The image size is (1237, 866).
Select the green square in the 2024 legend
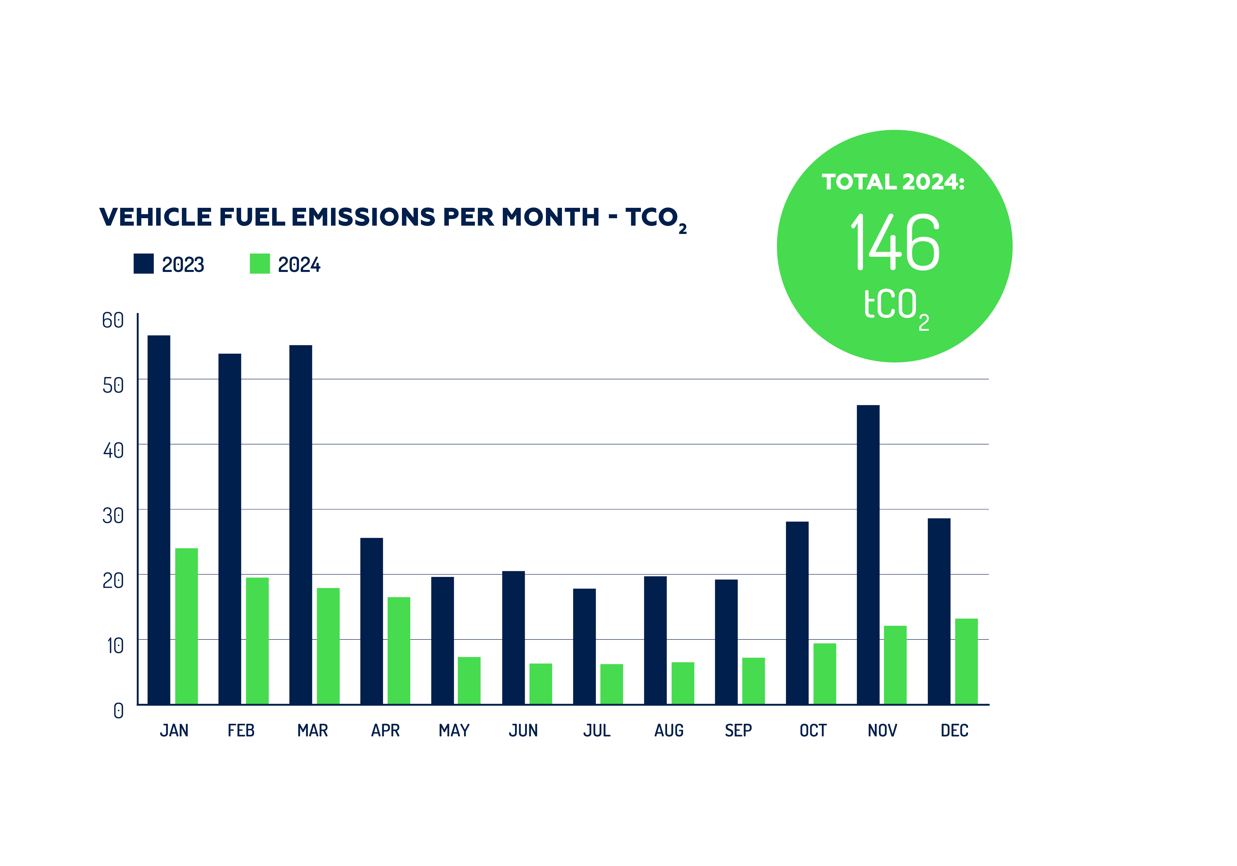[x=260, y=264]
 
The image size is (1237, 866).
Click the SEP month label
[x=738, y=730]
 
